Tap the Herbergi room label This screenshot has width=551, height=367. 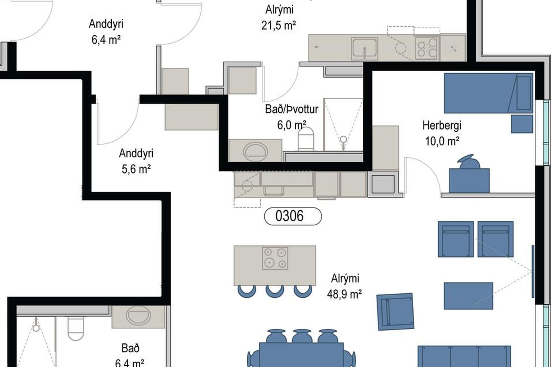[x=442, y=125]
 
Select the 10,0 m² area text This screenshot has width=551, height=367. [x=442, y=141]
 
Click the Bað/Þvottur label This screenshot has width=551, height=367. [x=292, y=109]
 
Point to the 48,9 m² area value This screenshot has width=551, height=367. [x=344, y=294]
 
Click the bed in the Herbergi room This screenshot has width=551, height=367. [x=488, y=93]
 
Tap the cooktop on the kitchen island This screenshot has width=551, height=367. [x=275, y=258]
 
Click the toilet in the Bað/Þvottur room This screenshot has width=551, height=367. [x=306, y=139]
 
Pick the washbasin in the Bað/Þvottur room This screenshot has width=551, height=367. [x=255, y=151]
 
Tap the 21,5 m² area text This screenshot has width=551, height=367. [x=278, y=26]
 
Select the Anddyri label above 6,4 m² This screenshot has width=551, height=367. [x=106, y=24]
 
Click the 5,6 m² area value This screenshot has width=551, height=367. [x=136, y=169]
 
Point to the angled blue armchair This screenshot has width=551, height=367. [x=395, y=311]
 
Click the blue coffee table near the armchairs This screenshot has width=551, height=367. [x=468, y=296]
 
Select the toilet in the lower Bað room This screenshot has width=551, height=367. [x=75, y=328]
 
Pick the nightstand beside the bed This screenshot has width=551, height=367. [x=522, y=124]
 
